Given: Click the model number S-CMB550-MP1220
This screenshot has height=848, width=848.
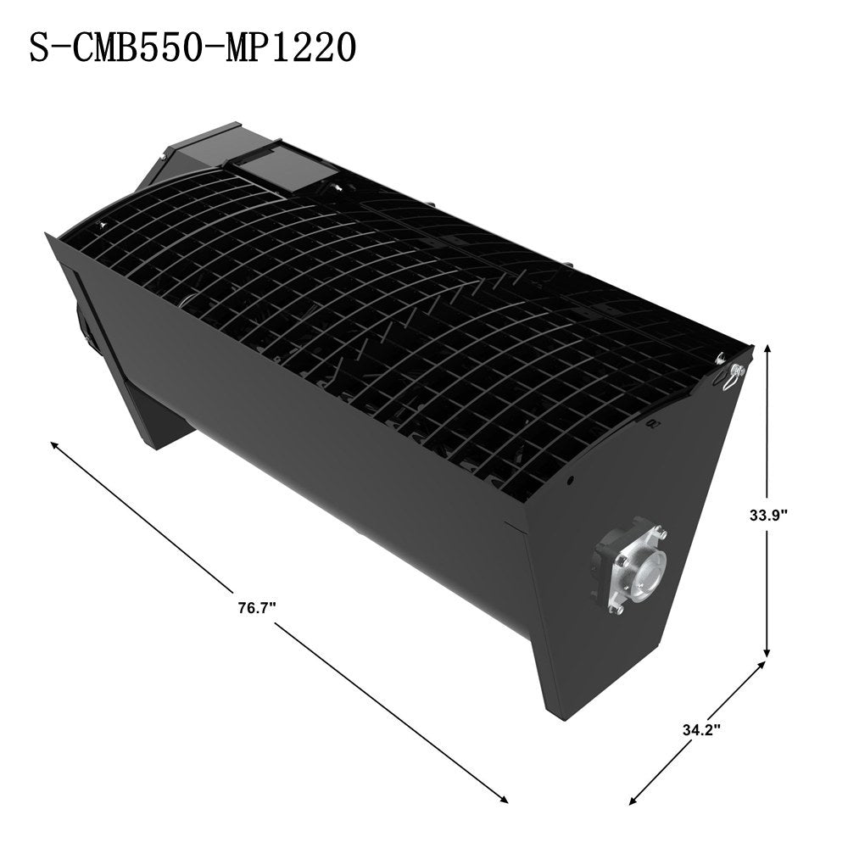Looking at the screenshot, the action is (193, 47).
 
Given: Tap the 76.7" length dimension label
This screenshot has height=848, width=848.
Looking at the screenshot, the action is (258, 607).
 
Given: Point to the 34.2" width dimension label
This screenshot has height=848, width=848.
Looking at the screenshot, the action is (701, 730).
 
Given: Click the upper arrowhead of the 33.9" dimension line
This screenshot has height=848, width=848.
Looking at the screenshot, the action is (767, 350).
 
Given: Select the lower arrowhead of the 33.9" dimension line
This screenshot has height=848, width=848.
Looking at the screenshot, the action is (767, 652).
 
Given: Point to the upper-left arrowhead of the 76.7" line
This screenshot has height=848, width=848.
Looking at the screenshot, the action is (54, 445).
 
